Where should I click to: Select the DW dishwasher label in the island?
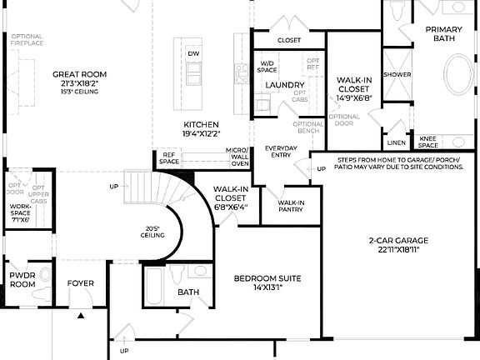(x=193, y=53)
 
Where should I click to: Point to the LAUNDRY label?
(x=284, y=85)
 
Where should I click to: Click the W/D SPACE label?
(x=267, y=67)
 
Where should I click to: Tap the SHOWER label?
(x=397, y=74)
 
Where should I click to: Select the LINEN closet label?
(x=397, y=142)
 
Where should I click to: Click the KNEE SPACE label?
(x=428, y=142)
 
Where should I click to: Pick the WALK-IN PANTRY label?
(x=291, y=207)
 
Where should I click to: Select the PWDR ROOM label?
(x=22, y=279)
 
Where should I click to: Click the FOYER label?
(x=81, y=283)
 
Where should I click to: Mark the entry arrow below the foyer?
(x=80, y=316)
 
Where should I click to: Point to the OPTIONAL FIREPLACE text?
(x=27, y=40)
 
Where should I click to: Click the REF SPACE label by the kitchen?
(x=169, y=157)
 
